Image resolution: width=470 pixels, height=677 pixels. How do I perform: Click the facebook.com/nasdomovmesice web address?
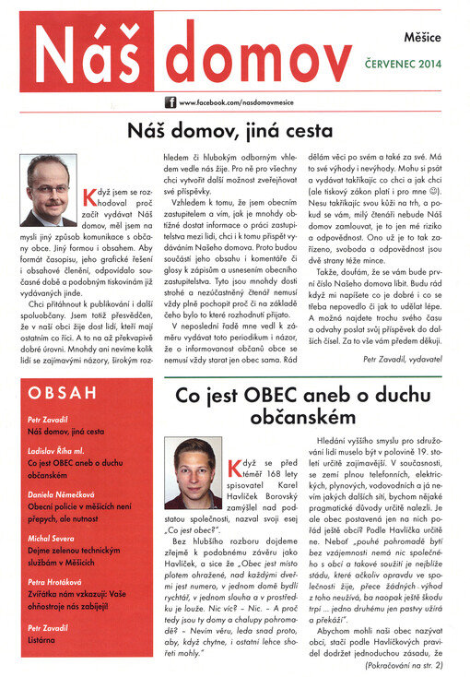[237, 103]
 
